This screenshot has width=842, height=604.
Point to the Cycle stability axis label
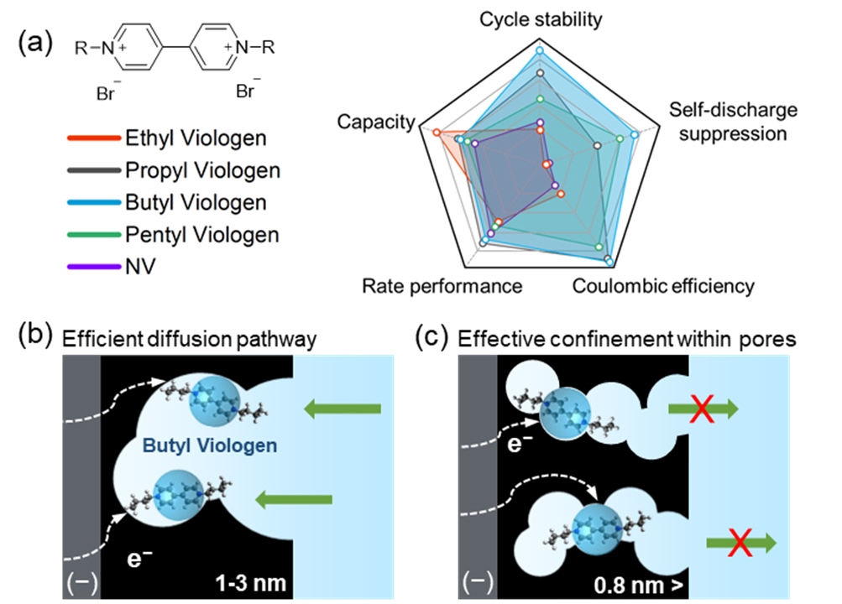541,19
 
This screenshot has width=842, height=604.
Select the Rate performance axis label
442,286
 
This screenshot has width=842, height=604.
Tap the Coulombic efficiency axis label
663,286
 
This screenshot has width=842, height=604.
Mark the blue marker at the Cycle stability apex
541,51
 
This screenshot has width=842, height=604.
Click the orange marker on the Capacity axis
437,132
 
